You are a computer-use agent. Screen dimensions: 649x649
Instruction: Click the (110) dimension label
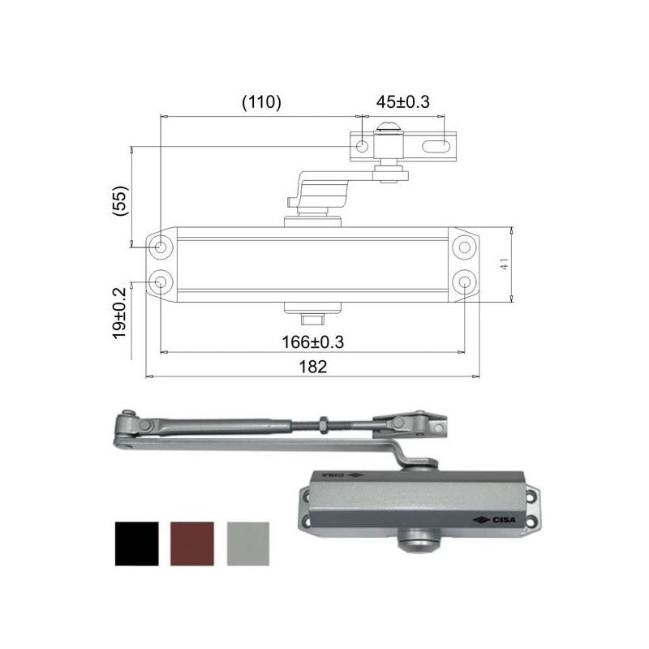[261, 102]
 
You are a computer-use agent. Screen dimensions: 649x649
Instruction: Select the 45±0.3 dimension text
[402, 102]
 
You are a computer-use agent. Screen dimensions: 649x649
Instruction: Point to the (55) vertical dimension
[121, 201]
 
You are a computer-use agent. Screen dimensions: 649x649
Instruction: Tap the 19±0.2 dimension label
[119, 313]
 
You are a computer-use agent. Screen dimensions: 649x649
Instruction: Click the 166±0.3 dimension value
[313, 342]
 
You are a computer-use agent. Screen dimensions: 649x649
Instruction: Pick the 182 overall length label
[313, 367]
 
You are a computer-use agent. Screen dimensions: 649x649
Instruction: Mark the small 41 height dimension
[505, 264]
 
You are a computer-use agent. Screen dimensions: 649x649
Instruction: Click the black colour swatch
[136, 544]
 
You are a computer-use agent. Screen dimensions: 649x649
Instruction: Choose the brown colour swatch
[192, 544]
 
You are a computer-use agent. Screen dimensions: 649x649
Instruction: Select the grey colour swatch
[248, 544]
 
